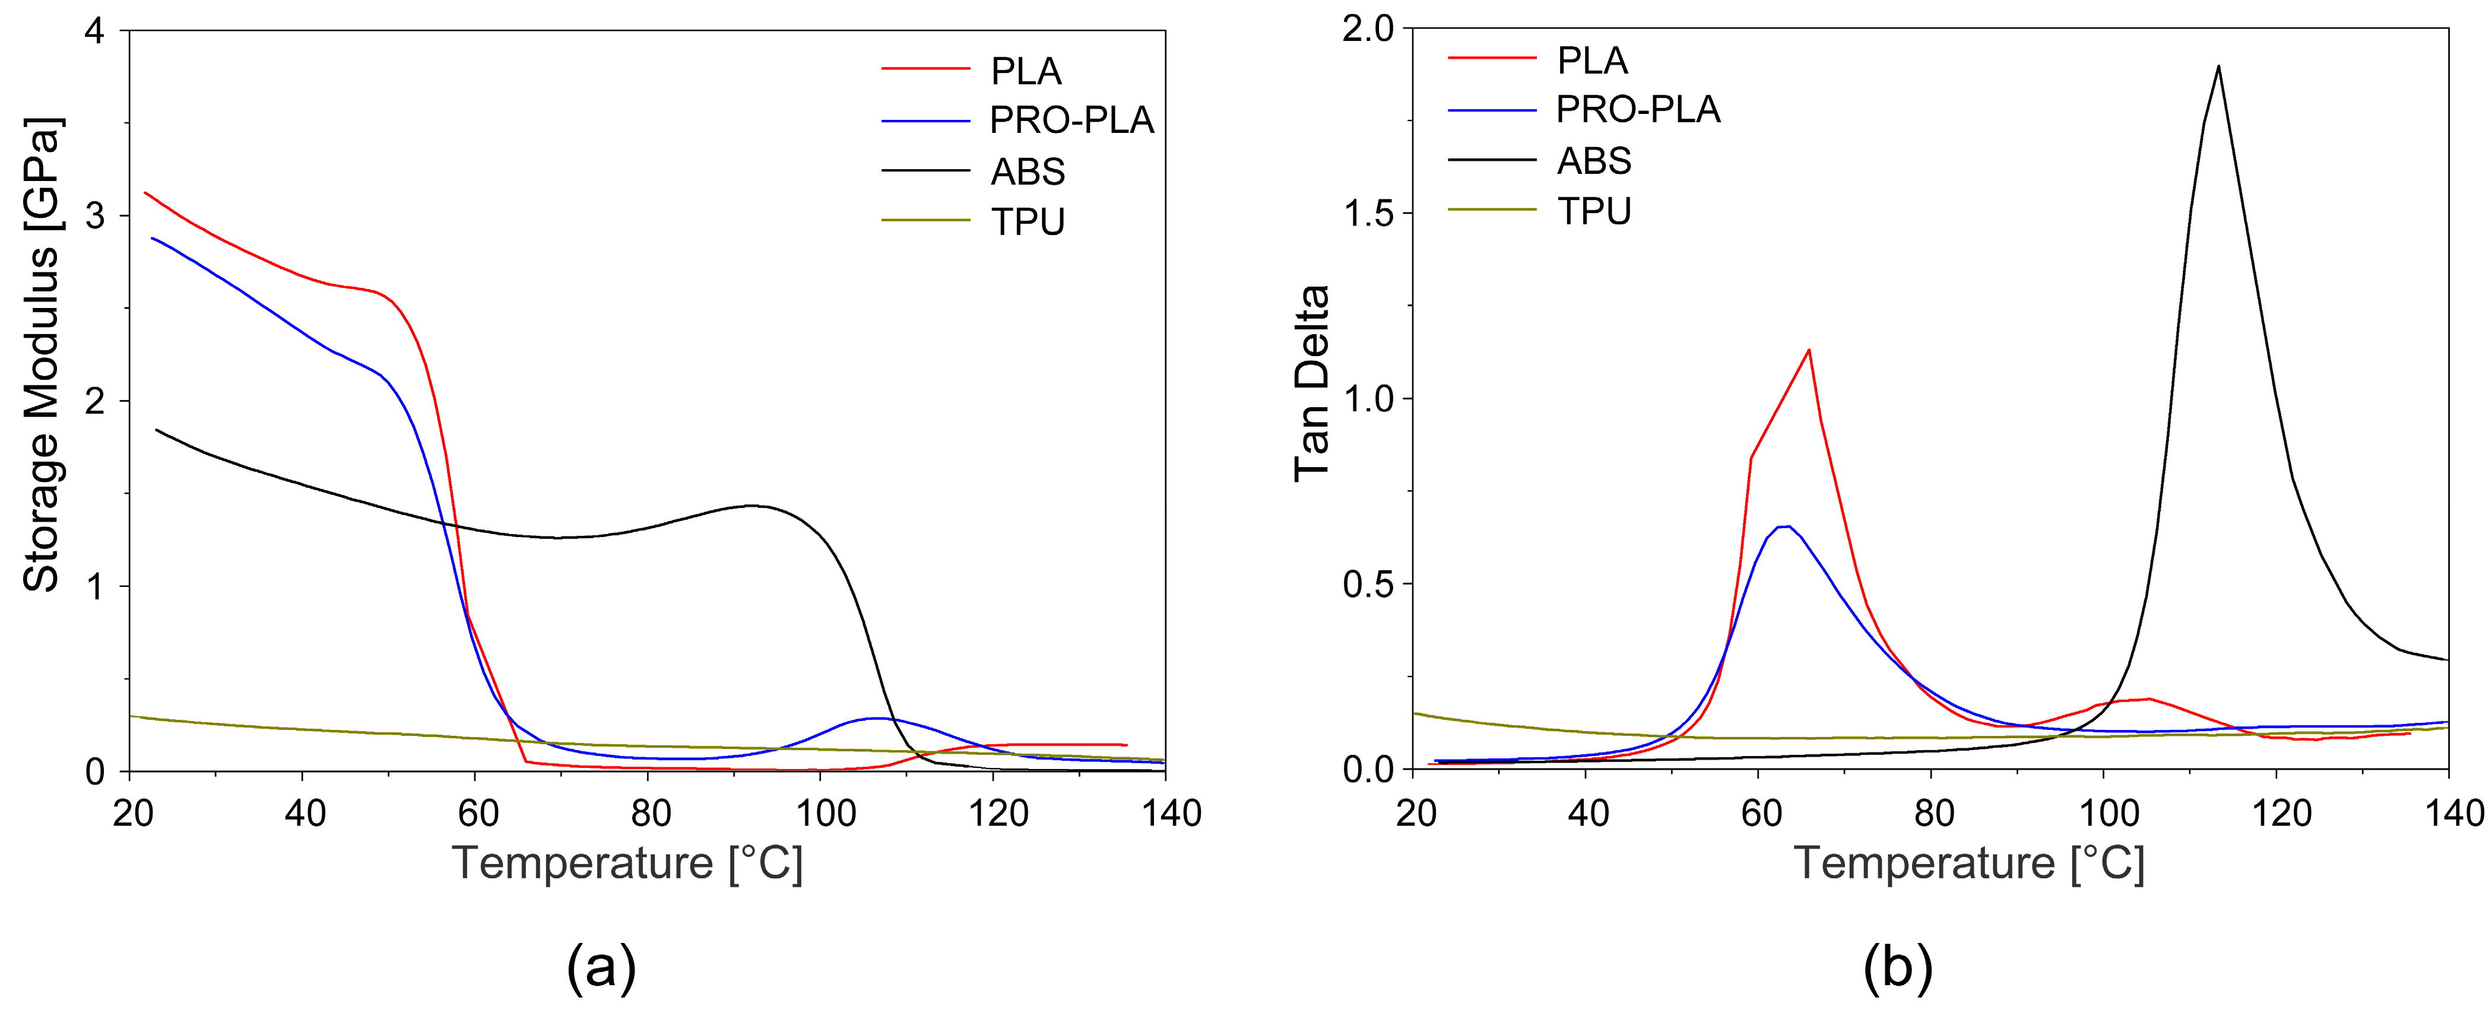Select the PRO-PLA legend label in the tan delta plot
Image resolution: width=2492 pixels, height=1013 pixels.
1638,109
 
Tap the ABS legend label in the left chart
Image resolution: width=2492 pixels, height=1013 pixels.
1028,172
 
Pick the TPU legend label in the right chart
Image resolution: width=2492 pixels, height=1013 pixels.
1593,211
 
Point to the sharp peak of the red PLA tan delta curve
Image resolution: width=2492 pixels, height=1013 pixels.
1808,350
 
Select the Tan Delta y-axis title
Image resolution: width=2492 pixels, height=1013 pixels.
1312,383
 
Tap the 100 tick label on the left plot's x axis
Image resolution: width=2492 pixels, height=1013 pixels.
823,814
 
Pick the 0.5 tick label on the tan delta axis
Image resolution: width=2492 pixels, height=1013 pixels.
1368,585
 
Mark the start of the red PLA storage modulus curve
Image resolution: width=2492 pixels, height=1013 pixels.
145,192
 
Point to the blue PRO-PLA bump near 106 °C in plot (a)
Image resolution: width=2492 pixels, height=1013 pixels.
876,718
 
